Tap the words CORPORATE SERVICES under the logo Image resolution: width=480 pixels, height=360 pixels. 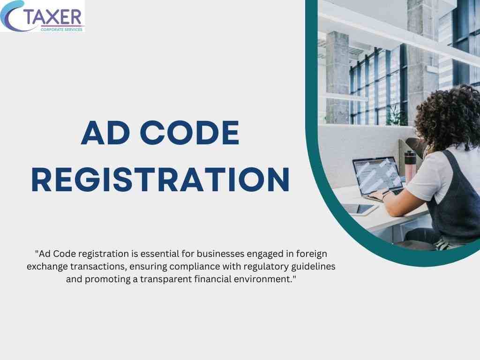click(61, 30)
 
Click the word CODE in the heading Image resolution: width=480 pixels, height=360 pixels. click(189, 133)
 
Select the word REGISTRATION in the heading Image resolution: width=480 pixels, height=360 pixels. click(160, 180)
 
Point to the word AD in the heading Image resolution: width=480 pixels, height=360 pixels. click(105, 133)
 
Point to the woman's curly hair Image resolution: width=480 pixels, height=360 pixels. click(449, 116)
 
